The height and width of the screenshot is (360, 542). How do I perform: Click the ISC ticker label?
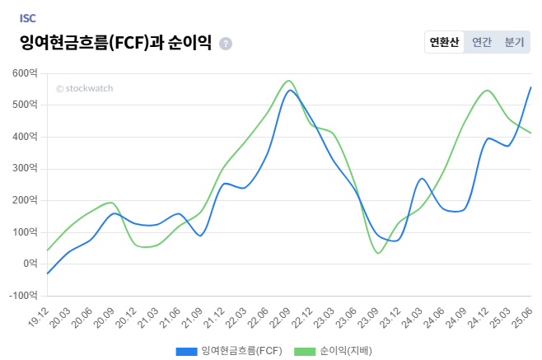click(x=27, y=17)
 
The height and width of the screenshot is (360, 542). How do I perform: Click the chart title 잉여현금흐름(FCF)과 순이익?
click(x=115, y=43)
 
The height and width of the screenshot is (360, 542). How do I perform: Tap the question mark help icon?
click(x=226, y=44)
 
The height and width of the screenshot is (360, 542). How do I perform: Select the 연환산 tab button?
click(x=444, y=42)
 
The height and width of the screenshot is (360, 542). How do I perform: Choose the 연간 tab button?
click(x=482, y=42)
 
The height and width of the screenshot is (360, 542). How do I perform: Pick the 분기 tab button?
click(x=514, y=42)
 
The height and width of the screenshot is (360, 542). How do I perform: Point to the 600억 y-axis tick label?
click(x=26, y=73)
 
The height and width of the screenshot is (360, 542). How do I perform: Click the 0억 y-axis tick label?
click(x=29, y=264)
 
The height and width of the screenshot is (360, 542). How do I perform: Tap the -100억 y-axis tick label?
click(x=23, y=295)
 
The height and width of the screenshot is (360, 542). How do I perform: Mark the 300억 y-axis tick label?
click(x=26, y=169)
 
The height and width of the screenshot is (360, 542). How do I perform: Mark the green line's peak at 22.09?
click(x=288, y=81)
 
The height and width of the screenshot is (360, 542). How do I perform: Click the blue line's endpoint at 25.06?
click(x=531, y=86)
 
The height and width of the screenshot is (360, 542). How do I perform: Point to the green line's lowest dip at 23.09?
click(x=377, y=253)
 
